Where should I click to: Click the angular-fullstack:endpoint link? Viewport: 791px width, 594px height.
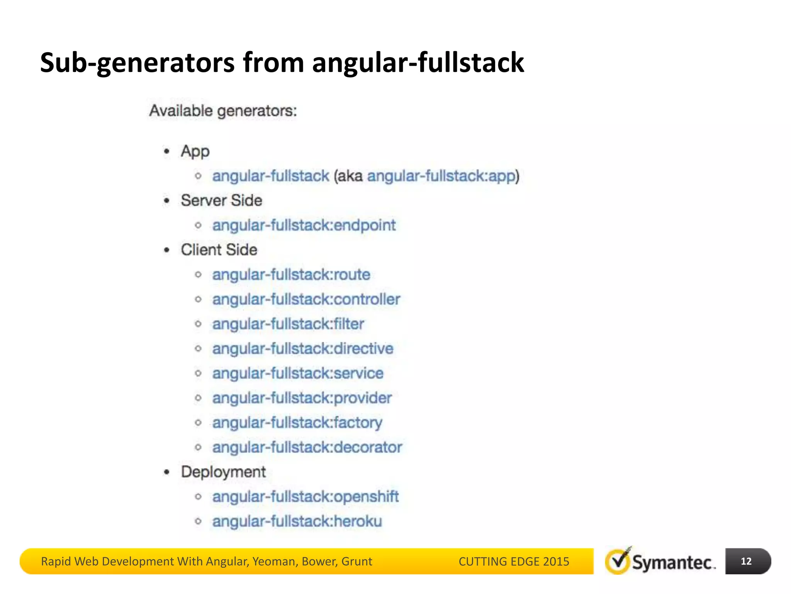pyautogui.click(x=304, y=225)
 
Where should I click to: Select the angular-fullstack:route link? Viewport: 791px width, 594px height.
pyautogui.click(x=291, y=275)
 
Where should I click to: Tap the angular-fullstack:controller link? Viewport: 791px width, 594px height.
pyautogui.click(x=306, y=299)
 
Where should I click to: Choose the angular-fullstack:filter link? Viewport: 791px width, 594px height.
pyautogui.click(x=288, y=324)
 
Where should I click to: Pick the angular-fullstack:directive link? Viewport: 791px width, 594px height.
pyautogui.click(x=303, y=349)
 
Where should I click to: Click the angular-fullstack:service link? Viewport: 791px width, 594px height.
pyautogui.click(x=298, y=373)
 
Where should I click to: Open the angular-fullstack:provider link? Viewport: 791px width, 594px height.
pyautogui.click(x=302, y=398)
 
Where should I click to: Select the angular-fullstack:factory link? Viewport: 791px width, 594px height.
pyautogui.click(x=297, y=423)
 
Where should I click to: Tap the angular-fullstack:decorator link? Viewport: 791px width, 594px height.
pyautogui.click(x=307, y=447)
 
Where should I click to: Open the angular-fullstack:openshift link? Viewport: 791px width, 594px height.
pyautogui.click(x=305, y=497)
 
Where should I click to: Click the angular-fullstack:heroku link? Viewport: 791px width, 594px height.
pyautogui.click(x=297, y=521)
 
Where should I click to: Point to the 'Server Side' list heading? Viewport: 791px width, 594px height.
pyautogui.click(x=221, y=200)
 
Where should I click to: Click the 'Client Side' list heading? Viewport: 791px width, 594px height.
pyautogui.click(x=219, y=250)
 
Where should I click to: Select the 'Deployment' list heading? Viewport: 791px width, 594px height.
pyautogui.click(x=223, y=472)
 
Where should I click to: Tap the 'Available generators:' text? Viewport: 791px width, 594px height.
pyautogui.click(x=223, y=111)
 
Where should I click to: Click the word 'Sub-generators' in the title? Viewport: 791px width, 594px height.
pyautogui.click(x=137, y=63)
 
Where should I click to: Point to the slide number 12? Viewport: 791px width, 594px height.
pyautogui.click(x=746, y=561)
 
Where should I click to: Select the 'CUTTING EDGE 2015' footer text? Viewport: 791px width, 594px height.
pyautogui.click(x=514, y=561)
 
